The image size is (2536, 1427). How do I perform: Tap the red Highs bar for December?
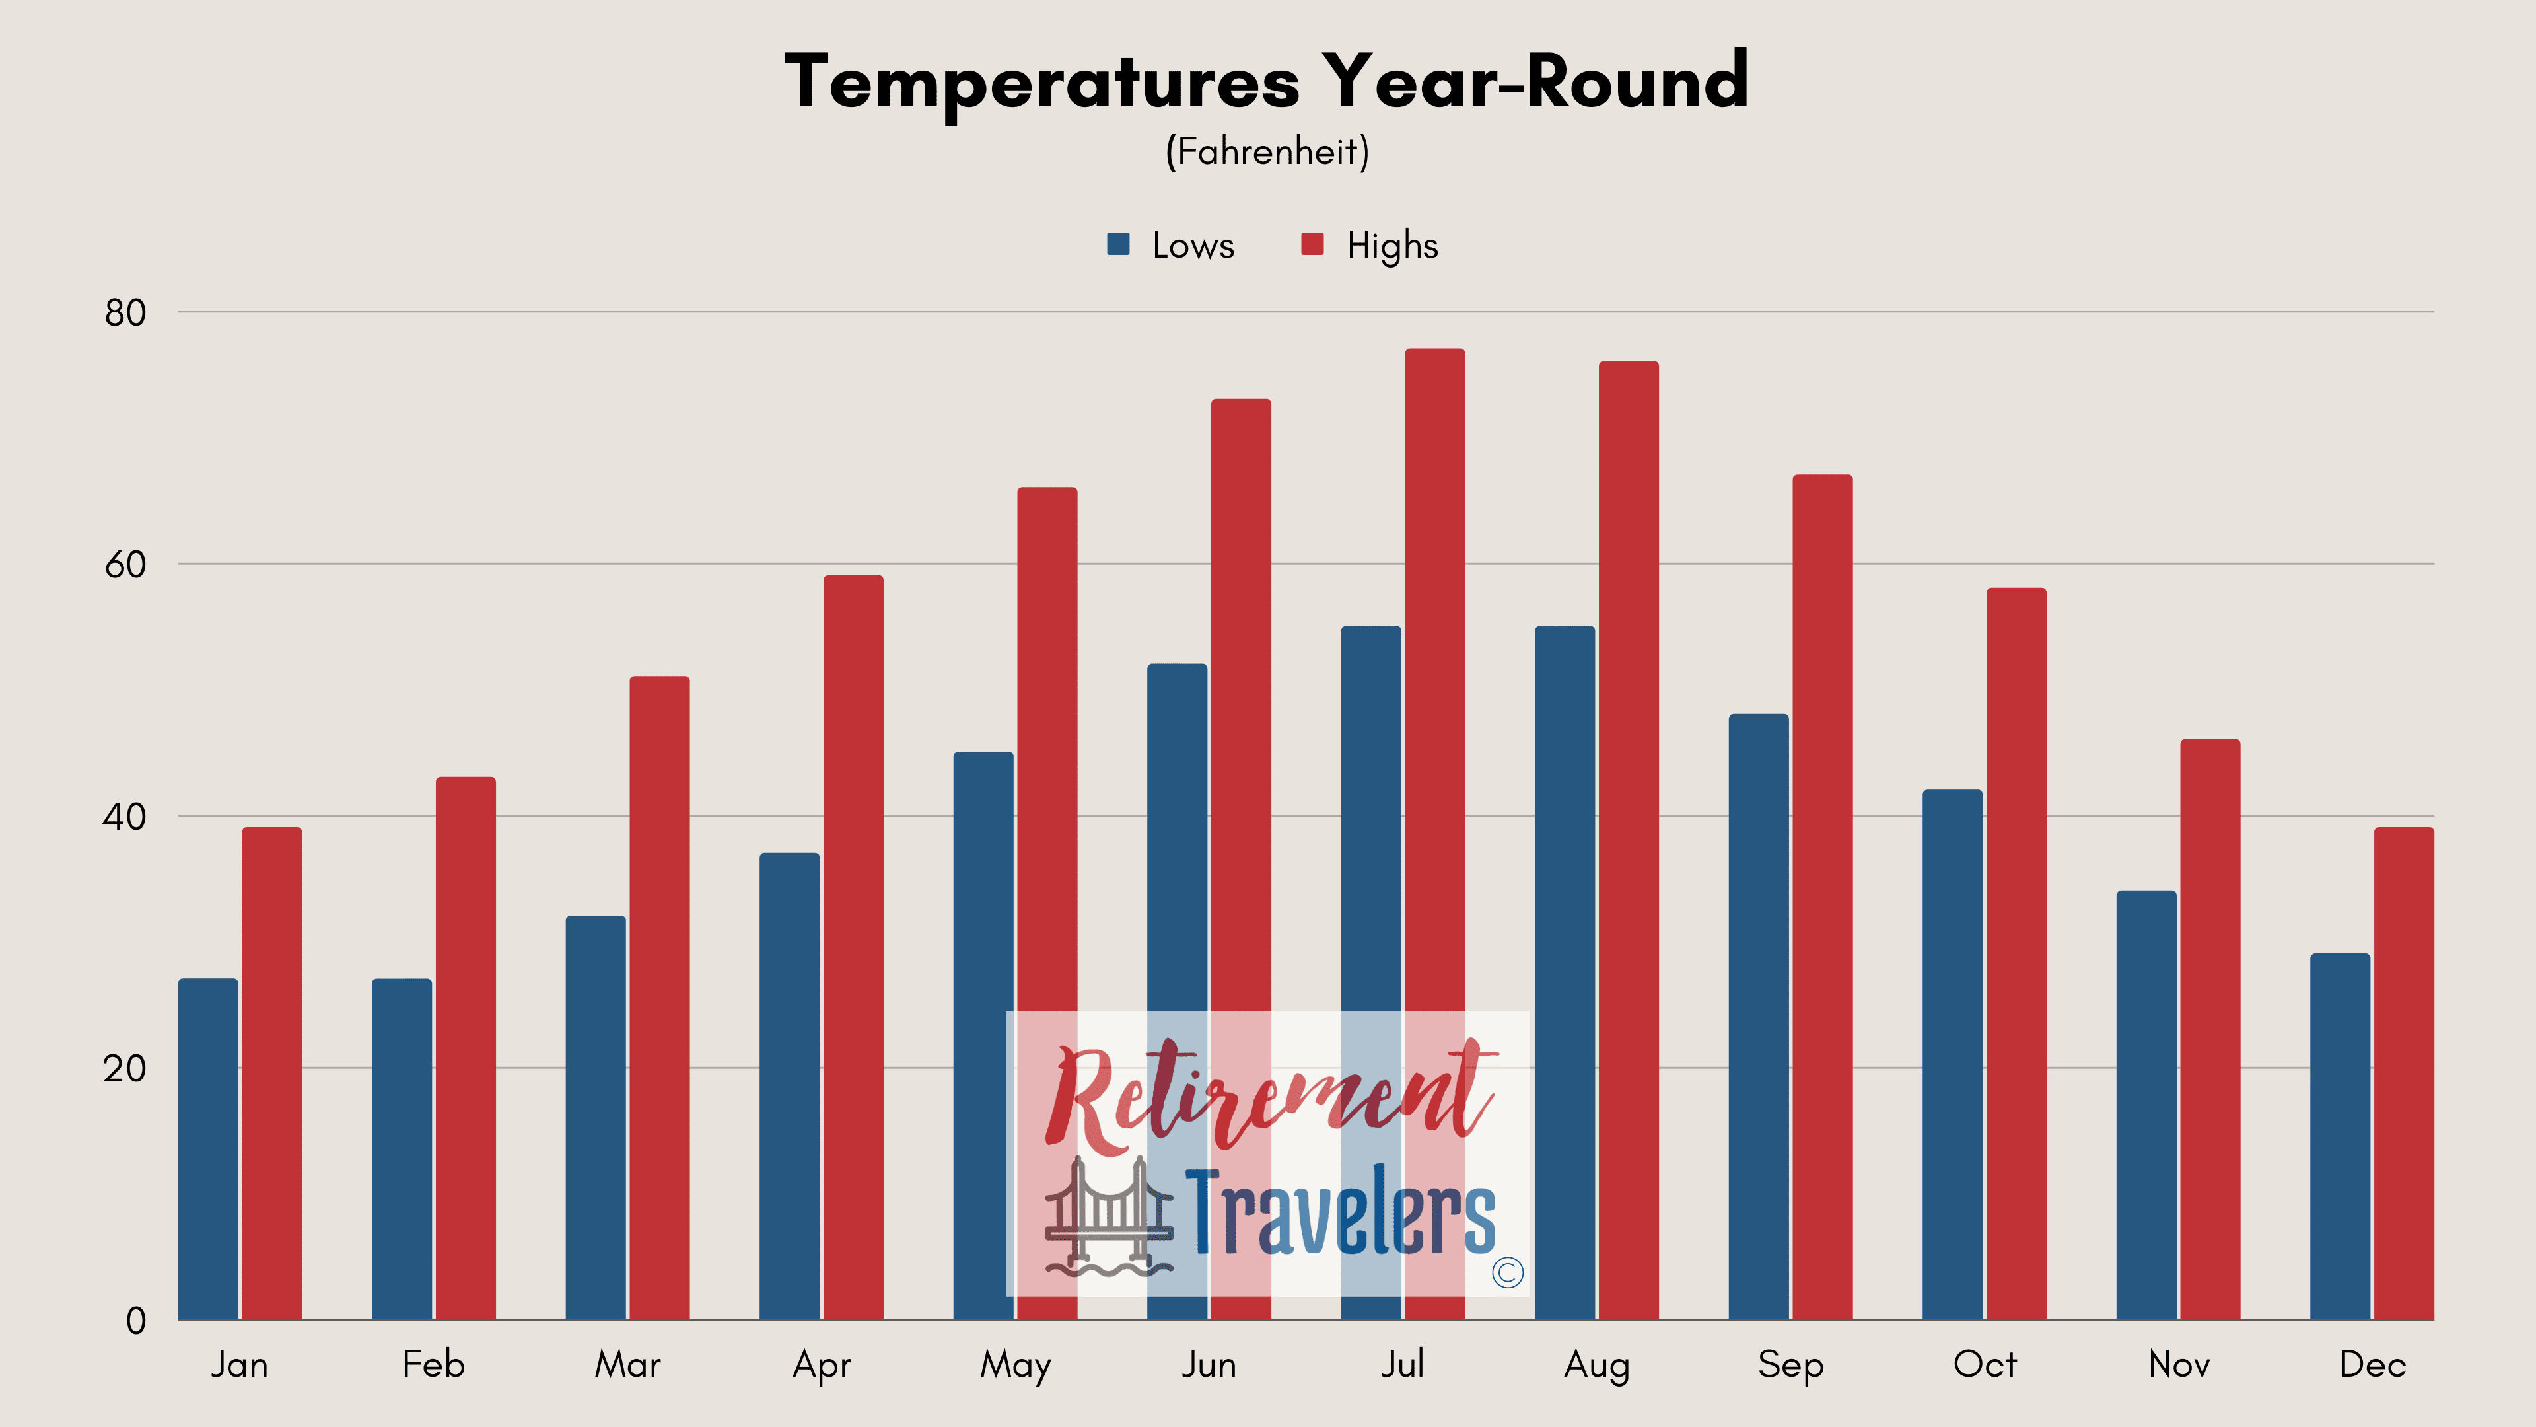point(2404,1074)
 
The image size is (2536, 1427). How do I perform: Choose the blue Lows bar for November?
point(2146,1105)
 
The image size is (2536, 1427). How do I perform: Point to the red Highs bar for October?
point(2016,953)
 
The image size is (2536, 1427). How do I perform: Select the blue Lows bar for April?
point(790,1086)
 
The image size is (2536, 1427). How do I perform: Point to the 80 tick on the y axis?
point(125,312)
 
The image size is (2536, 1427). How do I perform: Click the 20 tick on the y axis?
point(124,1068)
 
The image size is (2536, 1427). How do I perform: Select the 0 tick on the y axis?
point(136,1321)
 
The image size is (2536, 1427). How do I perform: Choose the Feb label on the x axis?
point(433,1364)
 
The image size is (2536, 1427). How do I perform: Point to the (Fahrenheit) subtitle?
point(1267,152)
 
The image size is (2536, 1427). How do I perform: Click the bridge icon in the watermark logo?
point(1109,1216)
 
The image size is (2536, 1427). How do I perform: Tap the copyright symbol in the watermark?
point(1507,1272)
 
